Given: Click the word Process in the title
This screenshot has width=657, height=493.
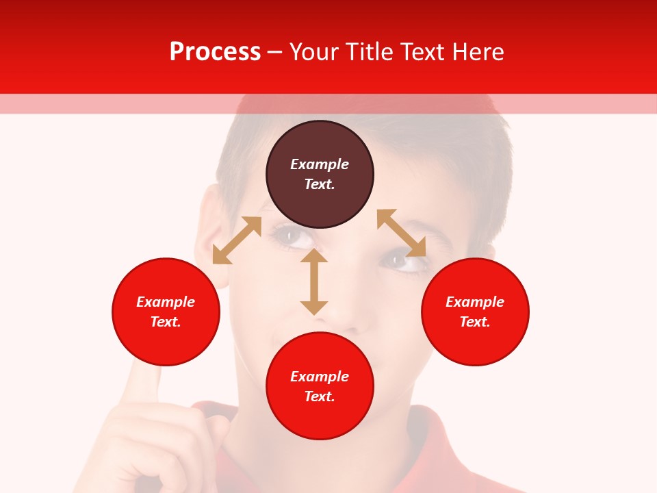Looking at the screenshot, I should pyautogui.click(x=215, y=52).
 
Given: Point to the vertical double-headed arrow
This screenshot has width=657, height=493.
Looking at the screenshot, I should pyautogui.click(x=314, y=281).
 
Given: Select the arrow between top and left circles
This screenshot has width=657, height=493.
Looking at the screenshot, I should pyautogui.click(x=237, y=240).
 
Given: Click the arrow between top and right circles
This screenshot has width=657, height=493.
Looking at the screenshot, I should pyautogui.click(x=402, y=233).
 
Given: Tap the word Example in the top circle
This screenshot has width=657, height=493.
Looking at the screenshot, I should pyautogui.click(x=320, y=164).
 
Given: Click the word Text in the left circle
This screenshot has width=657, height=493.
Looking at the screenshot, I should pyautogui.click(x=166, y=322).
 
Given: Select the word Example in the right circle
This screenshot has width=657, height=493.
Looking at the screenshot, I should pyautogui.click(x=475, y=302).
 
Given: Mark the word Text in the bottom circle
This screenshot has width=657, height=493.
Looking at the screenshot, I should pyautogui.click(x=320, y=396).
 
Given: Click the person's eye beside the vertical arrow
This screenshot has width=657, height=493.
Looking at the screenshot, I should pyautogui.click(x=293, y=237).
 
